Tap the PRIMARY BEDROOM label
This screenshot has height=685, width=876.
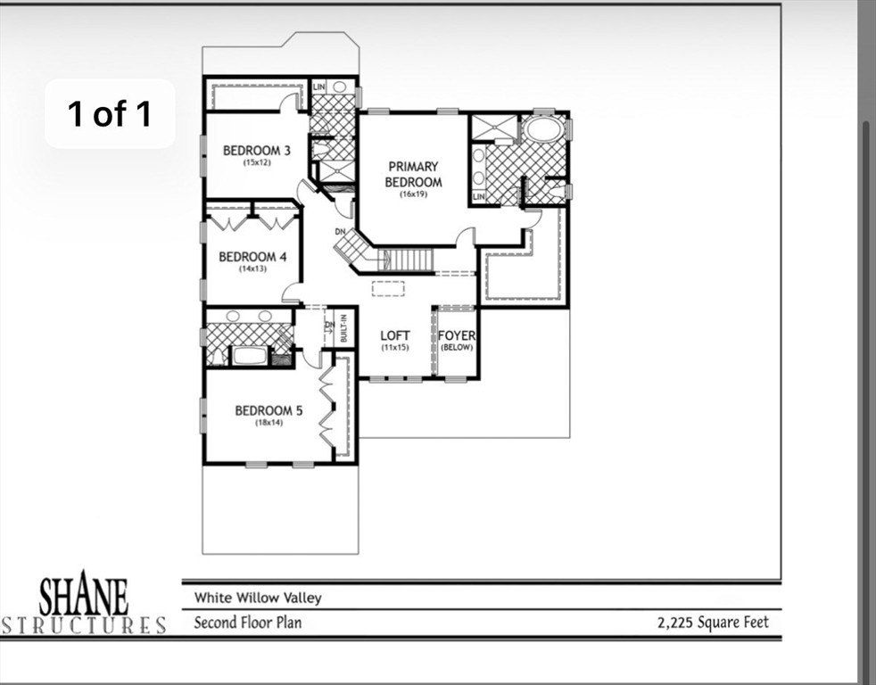click(x=413, y=174)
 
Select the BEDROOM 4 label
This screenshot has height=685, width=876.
click(x=252, y=257)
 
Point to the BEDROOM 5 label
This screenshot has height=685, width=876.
click(x=269, y=410)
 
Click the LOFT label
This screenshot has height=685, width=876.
click(x=395, y=335)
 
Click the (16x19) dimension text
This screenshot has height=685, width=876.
click(x=413, y=194)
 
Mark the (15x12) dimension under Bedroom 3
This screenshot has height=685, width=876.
click(x=256, y=162)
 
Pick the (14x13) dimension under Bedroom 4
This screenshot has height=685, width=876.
click(x=252, y=268)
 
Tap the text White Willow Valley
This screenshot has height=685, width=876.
click(x=258, y=598)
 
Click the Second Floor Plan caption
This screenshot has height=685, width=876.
click(x=247, y=622)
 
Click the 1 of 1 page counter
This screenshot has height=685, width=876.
click(x=110, y=113)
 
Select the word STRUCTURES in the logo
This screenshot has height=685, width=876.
click(x=84, y=624)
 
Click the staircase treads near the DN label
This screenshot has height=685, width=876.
click(x=411, y=260)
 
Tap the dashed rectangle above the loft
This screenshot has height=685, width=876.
click(x=388, y=287)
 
